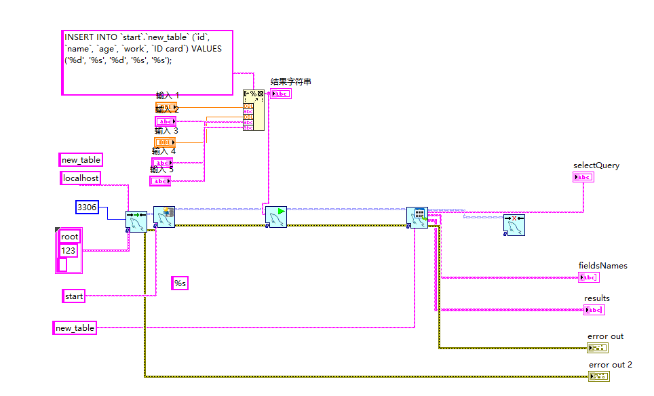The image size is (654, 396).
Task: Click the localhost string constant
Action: click(x=81, y=178)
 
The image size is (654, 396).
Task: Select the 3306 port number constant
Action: click(x=87, y=207)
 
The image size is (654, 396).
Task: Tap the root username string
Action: click(x=69, y=236)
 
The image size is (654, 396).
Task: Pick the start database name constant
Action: click(x=73, y=296)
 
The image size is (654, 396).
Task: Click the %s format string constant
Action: click(x=179, y=283)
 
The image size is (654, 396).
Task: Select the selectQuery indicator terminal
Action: click(x=583, y=177)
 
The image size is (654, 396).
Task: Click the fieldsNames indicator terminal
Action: click(x=588, y=277)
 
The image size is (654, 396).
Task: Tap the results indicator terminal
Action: click(x=594, y=310)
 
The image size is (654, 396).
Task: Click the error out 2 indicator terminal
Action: click(x=600, y=376)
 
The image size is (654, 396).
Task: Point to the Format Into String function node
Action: click(x=254, y=109)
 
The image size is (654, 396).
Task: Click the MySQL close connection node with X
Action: click(x=514, y=224)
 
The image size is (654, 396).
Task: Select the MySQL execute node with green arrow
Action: click(x=275, y=217)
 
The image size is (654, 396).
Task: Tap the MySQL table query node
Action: click(x=417, y=218)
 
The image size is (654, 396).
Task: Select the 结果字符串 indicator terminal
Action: click(x=280, y=94)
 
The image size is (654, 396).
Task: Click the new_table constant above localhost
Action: click(x=81, y=160)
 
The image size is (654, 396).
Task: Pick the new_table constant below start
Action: click(x=75, y=328)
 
